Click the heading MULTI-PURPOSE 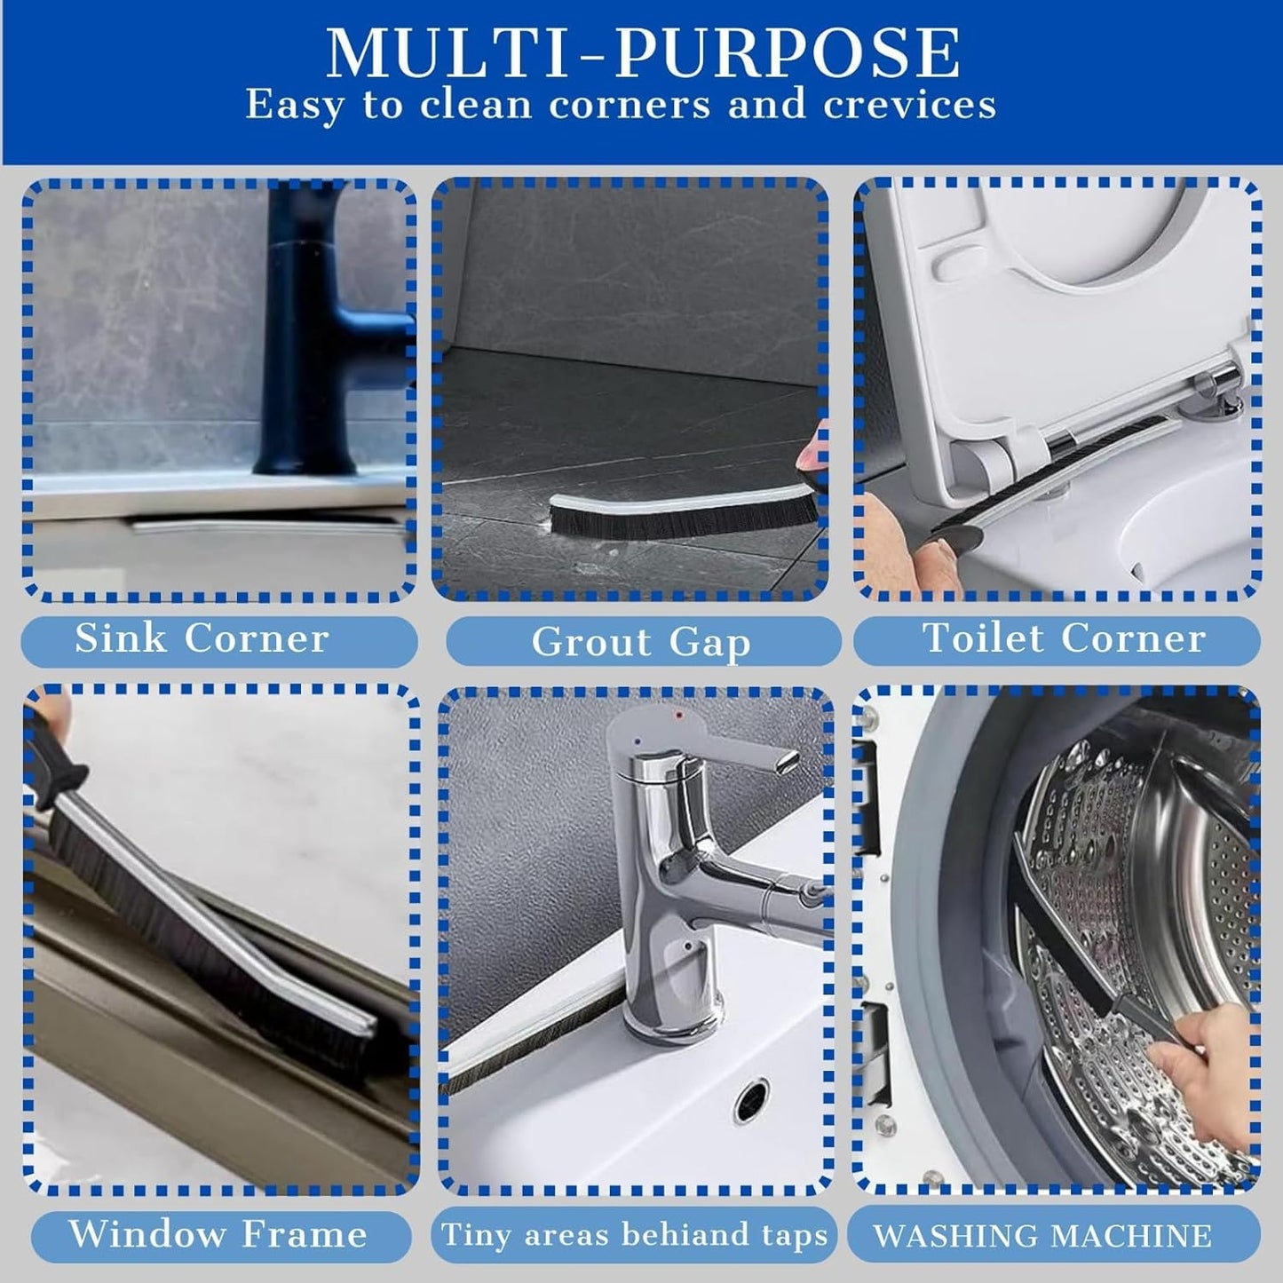pyautogui.click(x=643, y=53)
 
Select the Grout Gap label pyautogui.click(x=641, y=643)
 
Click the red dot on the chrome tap pyautogui.click(x=678, y=716)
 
